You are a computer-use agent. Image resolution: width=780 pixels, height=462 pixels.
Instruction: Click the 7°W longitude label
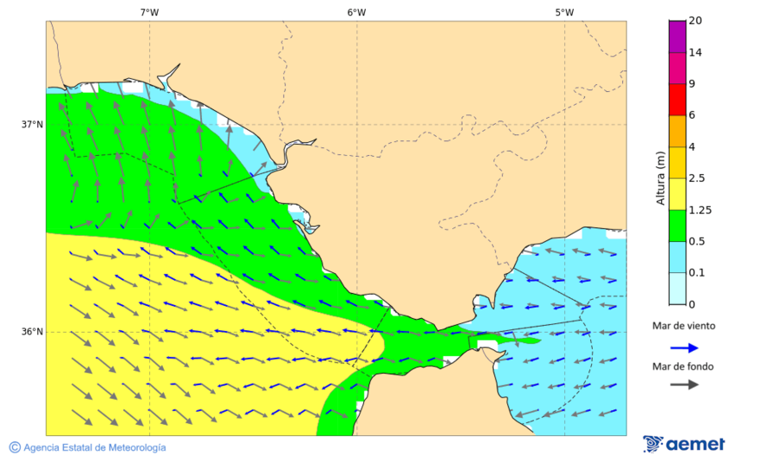(149, 12)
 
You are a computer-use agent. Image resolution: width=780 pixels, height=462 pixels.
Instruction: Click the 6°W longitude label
(356, 12)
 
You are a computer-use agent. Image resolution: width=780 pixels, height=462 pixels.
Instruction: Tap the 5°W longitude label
(564, 12)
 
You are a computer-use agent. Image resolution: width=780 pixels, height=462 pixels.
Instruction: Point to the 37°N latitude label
(32, 124)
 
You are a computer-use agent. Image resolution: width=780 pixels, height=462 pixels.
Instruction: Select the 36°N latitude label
(32, 332)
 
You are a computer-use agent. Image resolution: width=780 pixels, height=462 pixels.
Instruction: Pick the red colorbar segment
(677, 99)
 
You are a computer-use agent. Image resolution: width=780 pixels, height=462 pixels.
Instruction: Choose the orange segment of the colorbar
(677, 131)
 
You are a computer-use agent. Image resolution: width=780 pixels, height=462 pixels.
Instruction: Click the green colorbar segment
(677, 225)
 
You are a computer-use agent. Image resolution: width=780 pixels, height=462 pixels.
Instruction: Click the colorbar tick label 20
(694, 21)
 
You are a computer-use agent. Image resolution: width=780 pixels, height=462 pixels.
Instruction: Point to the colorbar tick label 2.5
(696, 179)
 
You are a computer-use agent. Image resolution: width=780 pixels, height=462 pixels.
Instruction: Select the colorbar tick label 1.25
(699, 210)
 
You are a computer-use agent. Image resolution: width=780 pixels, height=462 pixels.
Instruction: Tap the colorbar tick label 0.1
(696, 273)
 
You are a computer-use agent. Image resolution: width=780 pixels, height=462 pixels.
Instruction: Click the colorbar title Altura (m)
(660, 179)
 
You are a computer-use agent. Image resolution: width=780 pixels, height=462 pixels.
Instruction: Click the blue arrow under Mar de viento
(684, 348)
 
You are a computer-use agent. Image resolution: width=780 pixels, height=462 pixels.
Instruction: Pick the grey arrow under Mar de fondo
(684, 384)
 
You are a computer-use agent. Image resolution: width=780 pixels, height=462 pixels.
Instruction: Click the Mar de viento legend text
(684, 326)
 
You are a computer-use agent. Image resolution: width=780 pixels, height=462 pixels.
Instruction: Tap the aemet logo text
(695, 445)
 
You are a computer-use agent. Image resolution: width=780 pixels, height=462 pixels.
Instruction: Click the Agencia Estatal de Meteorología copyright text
(94, 447)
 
